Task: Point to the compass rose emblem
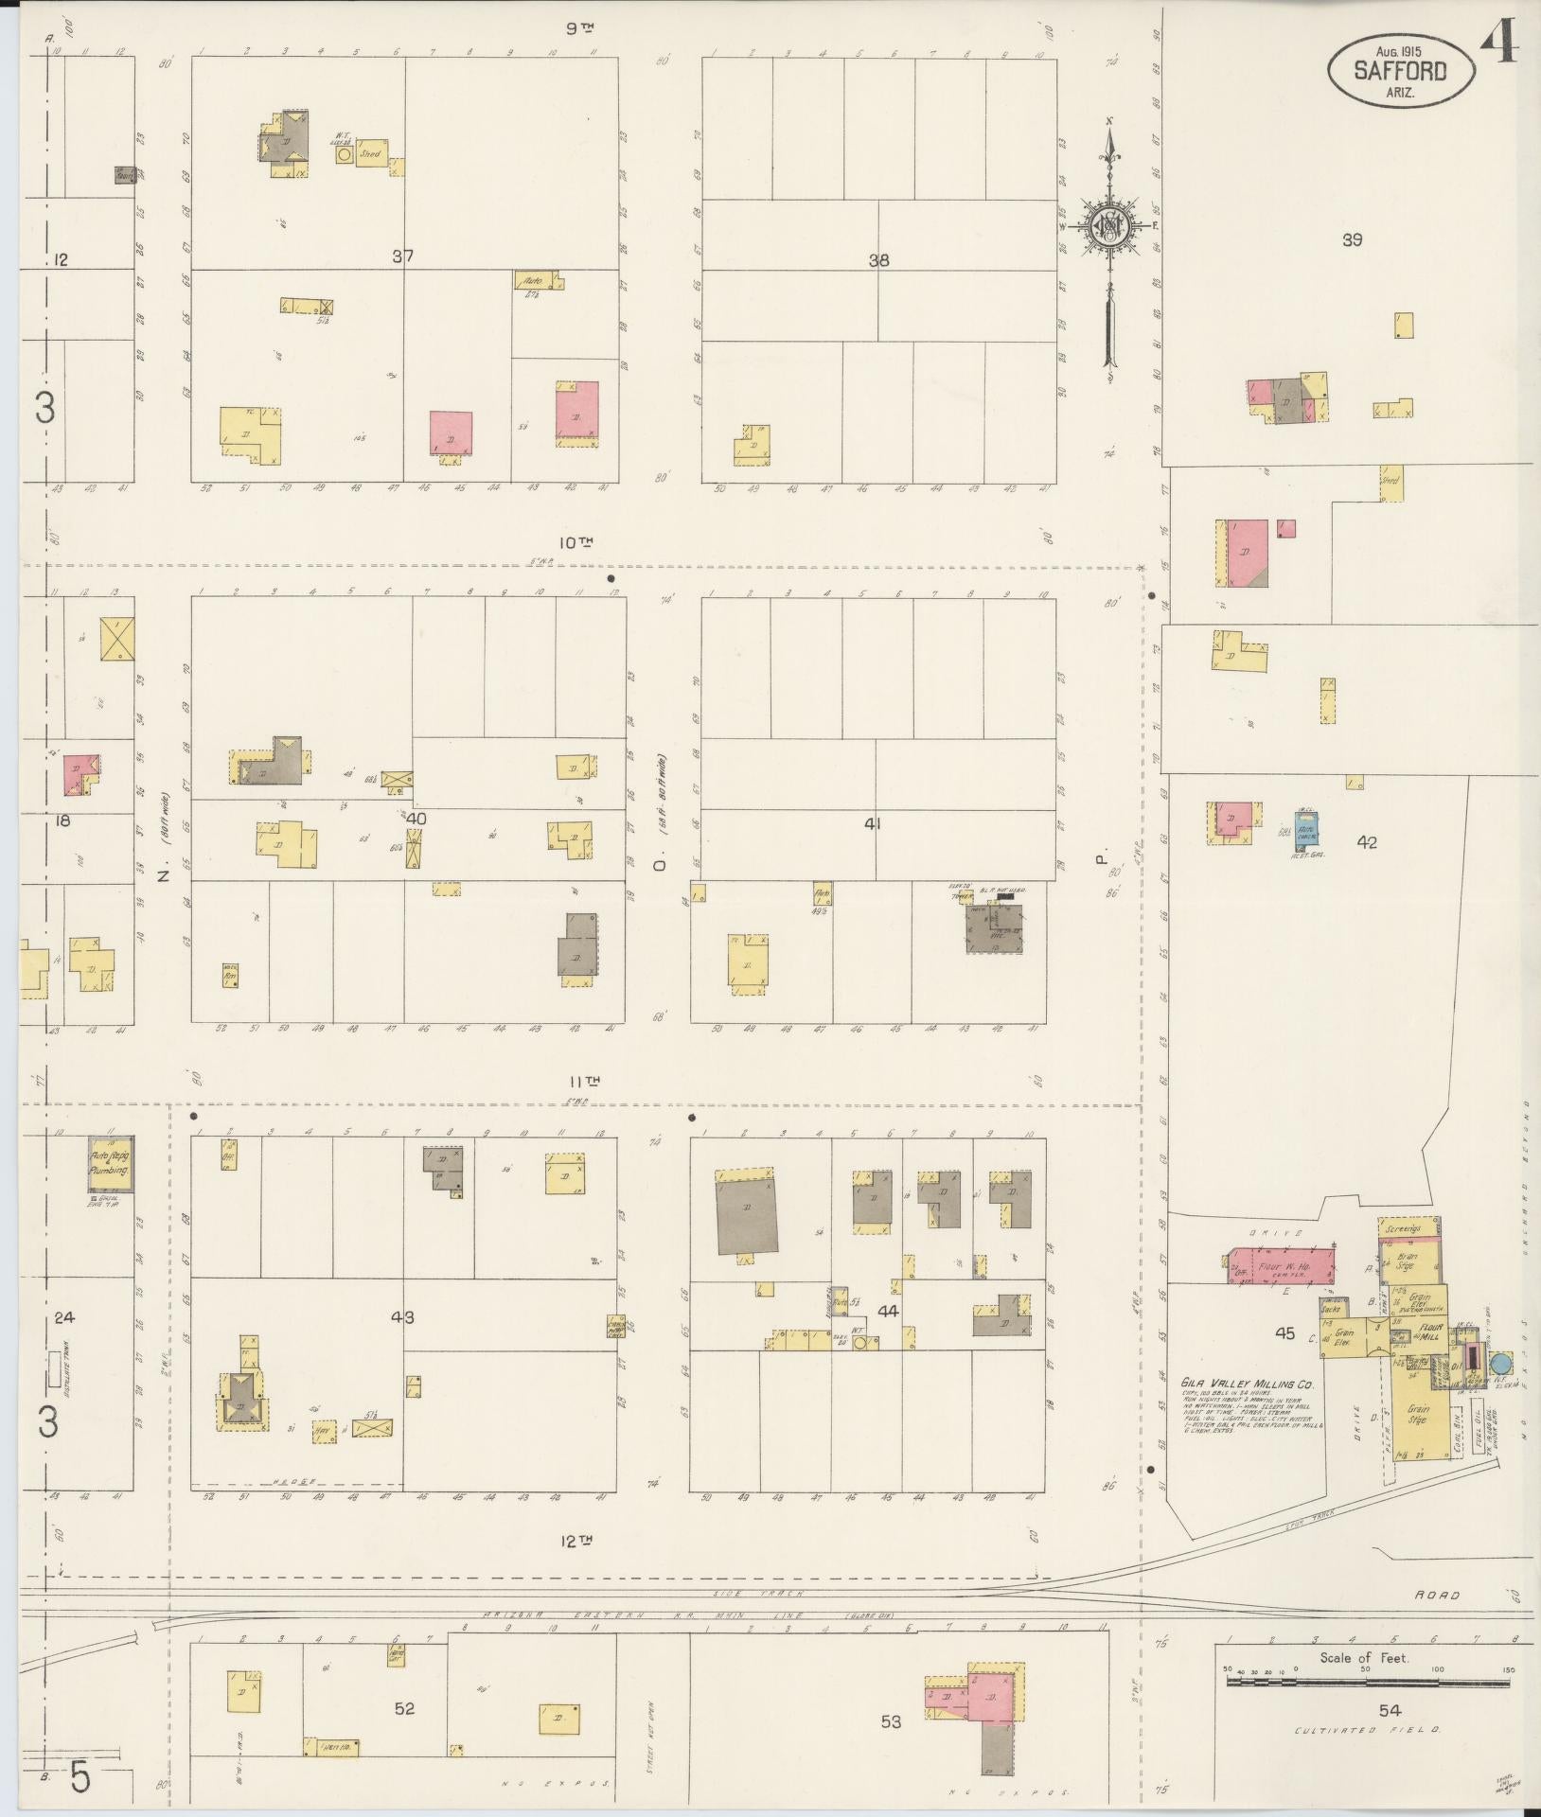point(1107,227)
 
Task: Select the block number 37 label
point(403,256)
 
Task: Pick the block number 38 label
point(878,260)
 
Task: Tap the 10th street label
point(575,543)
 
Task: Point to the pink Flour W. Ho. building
point(1282,1266)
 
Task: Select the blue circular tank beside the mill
point(1499,1364)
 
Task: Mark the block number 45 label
point(1284,1333)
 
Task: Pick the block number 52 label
point(404,1708)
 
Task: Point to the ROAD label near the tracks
point(1437,1596)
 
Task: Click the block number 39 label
point(1352,240)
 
